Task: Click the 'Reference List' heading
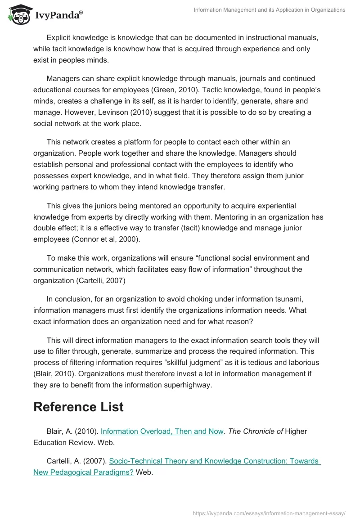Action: coord(78,407)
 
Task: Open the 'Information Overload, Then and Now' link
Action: coord(162,431)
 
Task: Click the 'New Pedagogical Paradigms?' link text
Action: coord(83,472)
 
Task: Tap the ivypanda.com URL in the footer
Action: coord(269,513)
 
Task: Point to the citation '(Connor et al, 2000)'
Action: coord(106,239)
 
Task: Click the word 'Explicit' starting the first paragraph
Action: coord(60,38)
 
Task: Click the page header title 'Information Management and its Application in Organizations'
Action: coord(270,10)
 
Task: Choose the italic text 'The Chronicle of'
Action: coord(255,431)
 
